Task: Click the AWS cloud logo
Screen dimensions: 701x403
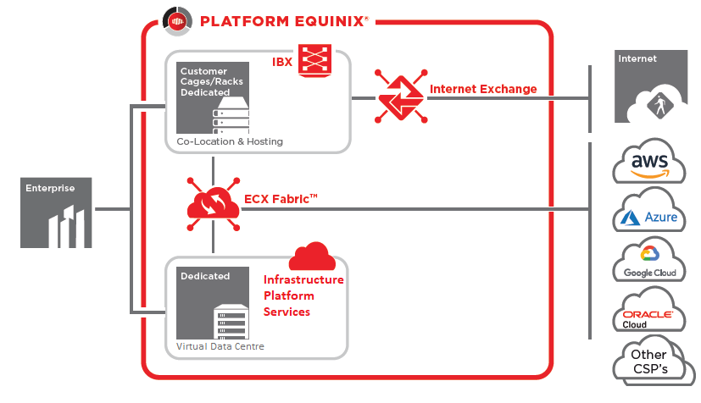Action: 648,161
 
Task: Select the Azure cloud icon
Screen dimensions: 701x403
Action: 648,211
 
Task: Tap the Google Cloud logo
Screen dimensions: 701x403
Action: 648,260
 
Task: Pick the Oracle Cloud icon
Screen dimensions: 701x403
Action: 648,310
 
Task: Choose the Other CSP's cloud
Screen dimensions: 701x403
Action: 652,361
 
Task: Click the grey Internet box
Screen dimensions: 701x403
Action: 651,86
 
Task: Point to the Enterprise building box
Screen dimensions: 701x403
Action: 56,213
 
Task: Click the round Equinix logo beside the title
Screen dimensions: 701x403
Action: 177,21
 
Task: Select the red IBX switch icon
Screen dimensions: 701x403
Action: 314,59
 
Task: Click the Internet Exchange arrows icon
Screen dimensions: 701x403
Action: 401,96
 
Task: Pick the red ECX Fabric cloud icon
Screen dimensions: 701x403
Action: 214,204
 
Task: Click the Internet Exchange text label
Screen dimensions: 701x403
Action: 483,89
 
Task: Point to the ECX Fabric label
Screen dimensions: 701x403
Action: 281,199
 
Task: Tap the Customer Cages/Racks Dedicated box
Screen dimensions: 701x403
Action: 213,97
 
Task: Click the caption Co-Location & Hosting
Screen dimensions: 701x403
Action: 230,141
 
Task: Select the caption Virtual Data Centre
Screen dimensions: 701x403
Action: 220,346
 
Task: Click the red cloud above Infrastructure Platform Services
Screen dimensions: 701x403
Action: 313,257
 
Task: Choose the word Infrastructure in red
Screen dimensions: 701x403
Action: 303,279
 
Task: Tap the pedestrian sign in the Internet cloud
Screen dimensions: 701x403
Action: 659,106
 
